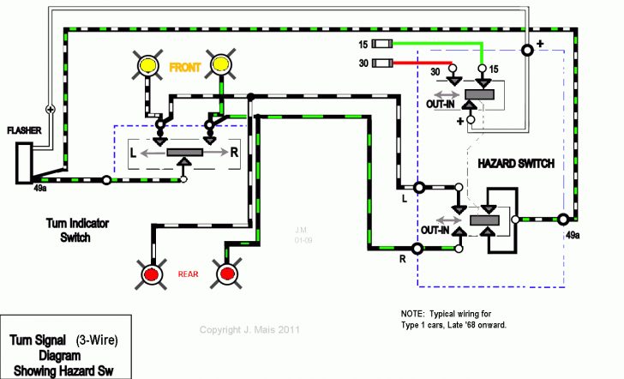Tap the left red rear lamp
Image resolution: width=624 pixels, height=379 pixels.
click(x=153, y=274)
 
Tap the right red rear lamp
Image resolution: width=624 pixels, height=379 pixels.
click(x=226, y=274)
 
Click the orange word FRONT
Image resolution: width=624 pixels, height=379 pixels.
click(x=187, y=67)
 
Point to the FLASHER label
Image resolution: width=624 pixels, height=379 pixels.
click(x=23, y=131)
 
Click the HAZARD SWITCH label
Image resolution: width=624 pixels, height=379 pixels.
click(x=516, y=164)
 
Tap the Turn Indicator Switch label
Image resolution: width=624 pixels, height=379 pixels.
click(x=77, y=230)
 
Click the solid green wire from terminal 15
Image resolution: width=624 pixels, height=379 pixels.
click(x=437, y=44)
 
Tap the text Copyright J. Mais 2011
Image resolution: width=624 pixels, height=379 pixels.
click(x=249, y=330)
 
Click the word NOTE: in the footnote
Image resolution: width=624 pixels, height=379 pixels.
click(x=415, y=314)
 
